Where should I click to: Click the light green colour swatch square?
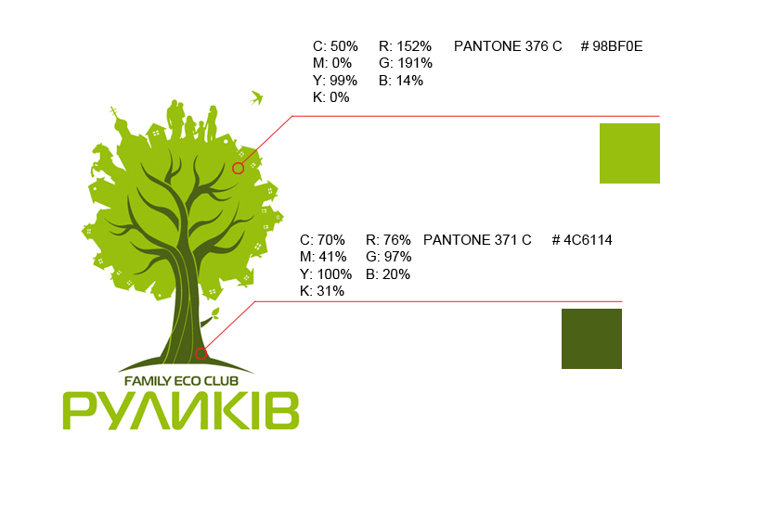click(629, 153)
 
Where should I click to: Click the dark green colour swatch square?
click(591, 338)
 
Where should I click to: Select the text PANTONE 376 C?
click(508, 46)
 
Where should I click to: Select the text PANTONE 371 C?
click(477, 241)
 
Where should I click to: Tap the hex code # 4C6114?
click(582, 241)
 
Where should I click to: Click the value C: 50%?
click(335, 46)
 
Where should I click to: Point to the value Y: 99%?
click(335, 81)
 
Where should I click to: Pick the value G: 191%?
click(406, 63)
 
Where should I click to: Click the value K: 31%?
click(322, 291)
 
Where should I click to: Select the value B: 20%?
click(388, 274)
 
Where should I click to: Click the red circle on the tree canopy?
click(238, 168)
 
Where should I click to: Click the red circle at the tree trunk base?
click(201, 353)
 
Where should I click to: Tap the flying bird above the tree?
click(257, 96)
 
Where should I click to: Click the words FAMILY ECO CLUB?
click(182, 381)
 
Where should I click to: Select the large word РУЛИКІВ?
click(181, 411)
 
